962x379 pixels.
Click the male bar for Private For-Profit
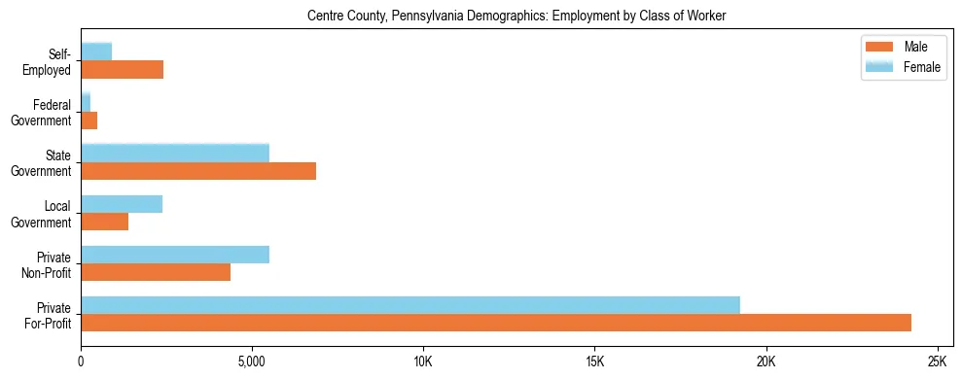point(496,323)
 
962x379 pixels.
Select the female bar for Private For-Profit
point(410,304)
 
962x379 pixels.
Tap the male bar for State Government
point(198,171)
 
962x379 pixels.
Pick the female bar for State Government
point(175,153)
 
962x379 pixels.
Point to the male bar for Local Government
point(105,222)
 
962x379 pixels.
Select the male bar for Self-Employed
point(123,70)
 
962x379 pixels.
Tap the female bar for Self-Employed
point(96,52)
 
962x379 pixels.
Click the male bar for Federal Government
point(89,121)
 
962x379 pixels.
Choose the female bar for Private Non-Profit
point(175,254)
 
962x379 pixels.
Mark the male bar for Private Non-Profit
point(156,272)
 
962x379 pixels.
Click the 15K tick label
point(594,361)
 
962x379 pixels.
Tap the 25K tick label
point(937,361)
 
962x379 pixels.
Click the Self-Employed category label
point(52,61)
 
